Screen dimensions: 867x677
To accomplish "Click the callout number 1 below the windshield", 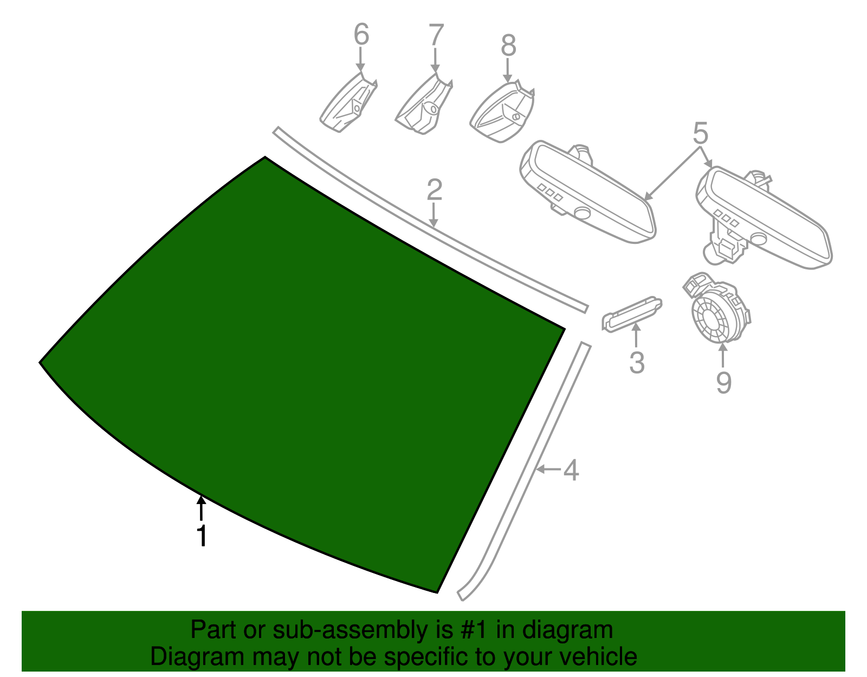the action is click(202, 536).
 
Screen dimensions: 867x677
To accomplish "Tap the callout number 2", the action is click(435, 190).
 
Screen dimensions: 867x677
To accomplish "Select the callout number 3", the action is click(637, 363).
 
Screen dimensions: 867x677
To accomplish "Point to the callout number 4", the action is click(571, 470).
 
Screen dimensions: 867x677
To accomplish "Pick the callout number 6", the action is click(361, 34).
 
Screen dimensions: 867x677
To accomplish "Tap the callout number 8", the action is click(508, 45).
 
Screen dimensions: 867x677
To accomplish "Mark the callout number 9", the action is click(724, 383).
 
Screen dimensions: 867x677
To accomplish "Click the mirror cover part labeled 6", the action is click(348, 103).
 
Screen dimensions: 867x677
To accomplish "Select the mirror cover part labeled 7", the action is click(424, 105).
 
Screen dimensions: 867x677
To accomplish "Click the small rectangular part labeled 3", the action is click(632, 314).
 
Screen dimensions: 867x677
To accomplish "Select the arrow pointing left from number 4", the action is click(548, 469).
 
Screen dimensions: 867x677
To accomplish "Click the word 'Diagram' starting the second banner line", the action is click(197, 657).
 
